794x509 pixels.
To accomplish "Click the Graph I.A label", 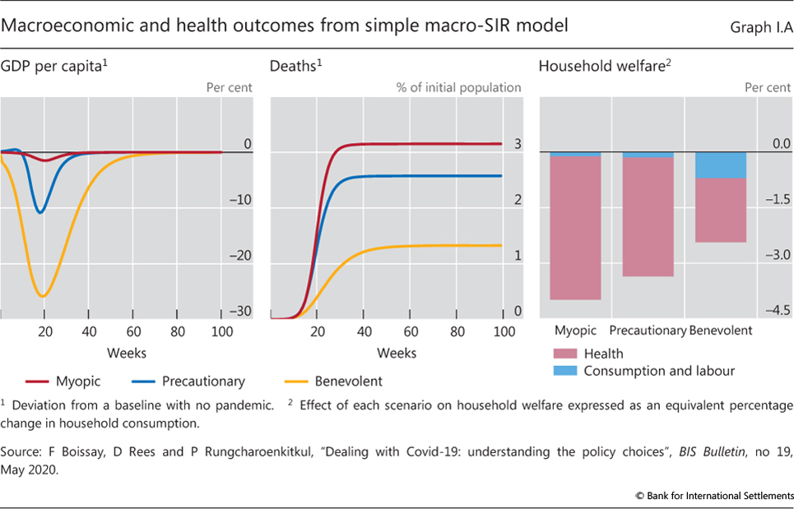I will (x=760, y=27).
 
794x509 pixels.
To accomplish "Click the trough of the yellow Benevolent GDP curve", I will (x=42, y=295).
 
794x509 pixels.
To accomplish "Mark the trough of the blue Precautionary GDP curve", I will (x=39, y=212).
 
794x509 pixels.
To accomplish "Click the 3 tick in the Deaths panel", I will (x=518, y=144).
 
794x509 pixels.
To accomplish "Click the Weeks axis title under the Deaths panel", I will (x=397, y=353).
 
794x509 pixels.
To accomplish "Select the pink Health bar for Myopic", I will (x=575, y=228).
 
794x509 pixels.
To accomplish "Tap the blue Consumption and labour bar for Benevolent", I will (x=721, y=165).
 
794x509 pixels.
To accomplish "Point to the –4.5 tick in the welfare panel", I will (x=774, y=311).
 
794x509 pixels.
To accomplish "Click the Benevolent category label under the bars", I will (x=721, y=331).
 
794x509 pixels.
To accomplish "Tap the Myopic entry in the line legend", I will (x=76, y=381).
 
